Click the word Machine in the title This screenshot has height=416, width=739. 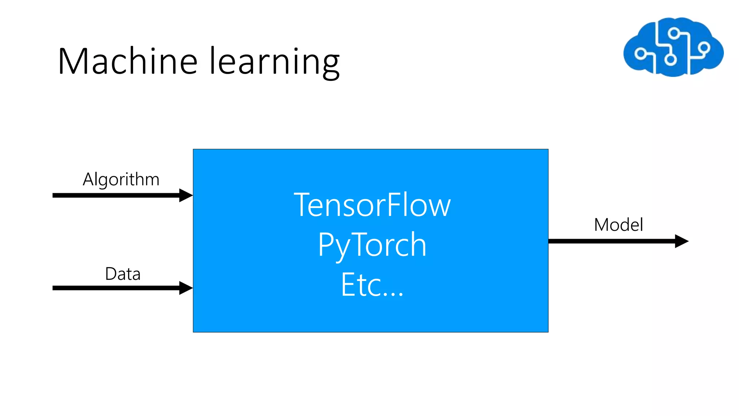point(127,61)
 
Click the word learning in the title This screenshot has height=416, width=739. point(274,62)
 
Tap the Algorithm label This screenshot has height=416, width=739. point(121,179)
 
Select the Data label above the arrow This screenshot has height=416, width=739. point(123,274)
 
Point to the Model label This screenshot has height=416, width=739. point(618,225)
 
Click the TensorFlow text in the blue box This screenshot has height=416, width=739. point(372,205)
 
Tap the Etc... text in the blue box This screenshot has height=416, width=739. point(372,285)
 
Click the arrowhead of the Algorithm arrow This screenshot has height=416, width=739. point(185,195)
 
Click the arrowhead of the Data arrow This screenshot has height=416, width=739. point(185,288)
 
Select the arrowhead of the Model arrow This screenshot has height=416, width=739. point(681,241)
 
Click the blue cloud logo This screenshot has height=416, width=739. point(673,47)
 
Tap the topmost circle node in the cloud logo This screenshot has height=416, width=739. point(673,34)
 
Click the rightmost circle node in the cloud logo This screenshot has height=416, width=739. point(704,47)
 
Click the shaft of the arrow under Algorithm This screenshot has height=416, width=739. point(115,195)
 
